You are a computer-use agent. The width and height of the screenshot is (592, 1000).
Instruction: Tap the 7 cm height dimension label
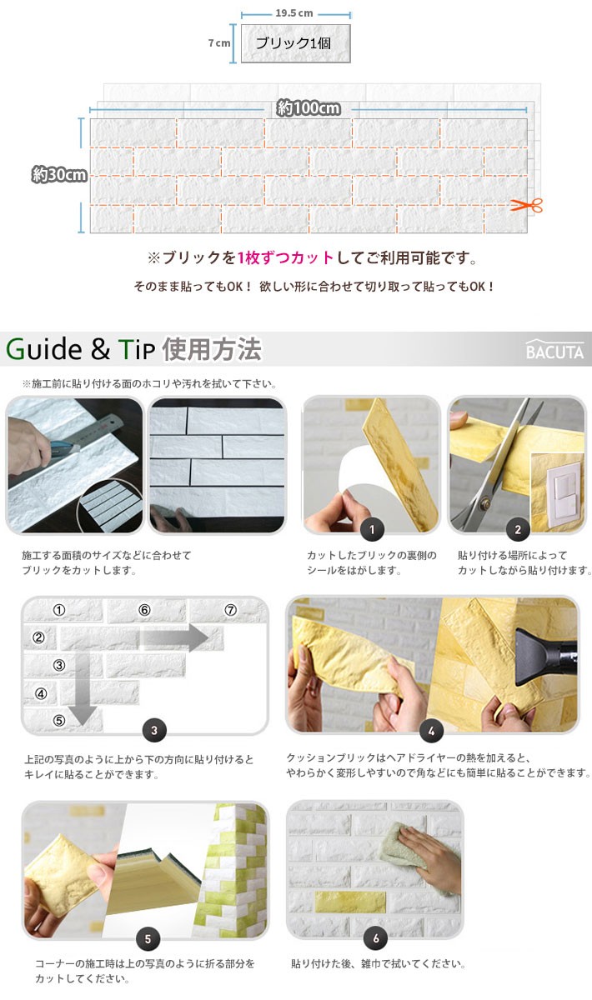[218, 43]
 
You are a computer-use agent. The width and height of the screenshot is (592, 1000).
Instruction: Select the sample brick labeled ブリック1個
[295, 43]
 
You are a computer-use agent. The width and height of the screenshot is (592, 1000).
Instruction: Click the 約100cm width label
[309, 108]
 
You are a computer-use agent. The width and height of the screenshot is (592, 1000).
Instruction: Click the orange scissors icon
[527, 205]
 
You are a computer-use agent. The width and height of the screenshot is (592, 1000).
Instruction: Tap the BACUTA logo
[554, 351]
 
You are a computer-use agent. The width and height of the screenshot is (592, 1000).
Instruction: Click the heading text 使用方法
[213, 349]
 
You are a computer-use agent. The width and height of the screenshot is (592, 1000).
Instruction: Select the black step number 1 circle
[371, 528]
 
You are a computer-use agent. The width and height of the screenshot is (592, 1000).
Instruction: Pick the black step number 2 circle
[517, 528]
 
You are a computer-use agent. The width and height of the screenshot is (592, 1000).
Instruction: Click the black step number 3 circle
[153, 731]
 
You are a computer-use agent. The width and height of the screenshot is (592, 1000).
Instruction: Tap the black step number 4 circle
[431, 731]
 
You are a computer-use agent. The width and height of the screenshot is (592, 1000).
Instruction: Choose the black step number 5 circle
[148, 937]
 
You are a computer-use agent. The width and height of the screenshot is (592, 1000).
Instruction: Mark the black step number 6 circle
[375, 937]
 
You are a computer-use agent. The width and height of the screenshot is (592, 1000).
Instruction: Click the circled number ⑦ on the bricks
[231, 610]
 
